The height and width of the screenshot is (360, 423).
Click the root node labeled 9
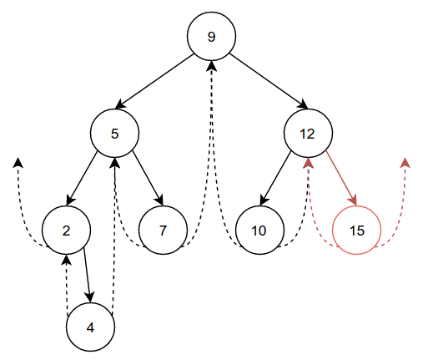pyautogui.click(x=211, y=36)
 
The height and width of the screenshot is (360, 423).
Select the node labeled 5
pyautogui.click(x=114, y=134)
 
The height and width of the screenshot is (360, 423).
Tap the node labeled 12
pyautogui.click(x=308, y=134)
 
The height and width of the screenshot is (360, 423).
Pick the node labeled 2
pyautogui.click(x=66, y=231)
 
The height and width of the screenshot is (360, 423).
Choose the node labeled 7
pyautogui.click(x=163, y=231)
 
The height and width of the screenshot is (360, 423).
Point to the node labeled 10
pyautogui.click(x=259, y=231)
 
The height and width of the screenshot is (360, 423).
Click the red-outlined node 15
pyautogui.click(x=356, y=231)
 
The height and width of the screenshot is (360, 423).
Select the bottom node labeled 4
pyautogui.click(x=90, y=327)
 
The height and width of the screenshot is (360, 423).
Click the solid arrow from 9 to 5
pyautogui.click(x=154, y=81)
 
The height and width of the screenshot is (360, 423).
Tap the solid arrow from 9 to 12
pyautogui.click(x=269, y=81)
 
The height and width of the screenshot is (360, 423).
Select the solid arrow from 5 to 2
pyautogui.click(x=82, y=179)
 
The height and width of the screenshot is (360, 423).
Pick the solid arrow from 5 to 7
pyautogui.click(x=148, y=179)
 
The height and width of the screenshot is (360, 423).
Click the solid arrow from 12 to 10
pyautogui.click(x=275, y=179)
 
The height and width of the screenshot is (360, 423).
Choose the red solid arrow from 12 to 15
pyautogui.click(x=341, y=179)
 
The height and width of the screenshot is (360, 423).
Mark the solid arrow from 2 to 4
pyautogui.click(x=87, y=275)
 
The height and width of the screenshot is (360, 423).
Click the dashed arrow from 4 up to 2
pyautogui.click(x=67, y=286)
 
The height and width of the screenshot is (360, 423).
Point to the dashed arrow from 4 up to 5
pyautogui.click(x=114, y=236)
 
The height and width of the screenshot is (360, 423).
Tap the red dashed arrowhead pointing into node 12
pyautogui.click(x=308, y=163)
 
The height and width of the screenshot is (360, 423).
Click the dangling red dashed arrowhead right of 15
pyautogui.click(x=405, y=163)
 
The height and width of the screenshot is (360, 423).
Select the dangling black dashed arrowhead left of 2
pyautogui.click(x=18, y=163)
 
